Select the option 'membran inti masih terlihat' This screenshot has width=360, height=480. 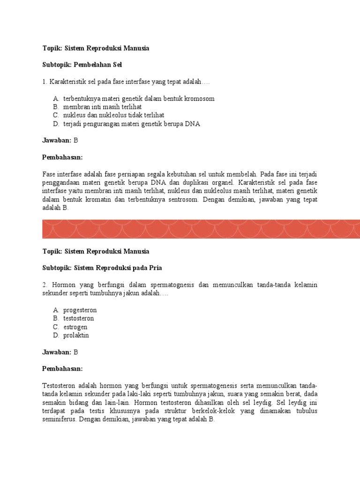click(102, 107)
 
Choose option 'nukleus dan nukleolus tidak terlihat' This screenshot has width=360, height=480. click(113, 115)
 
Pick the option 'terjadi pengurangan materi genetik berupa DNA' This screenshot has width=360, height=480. click(131, 124)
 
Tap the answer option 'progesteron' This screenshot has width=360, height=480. click(80, 310)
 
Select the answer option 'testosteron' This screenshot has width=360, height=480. click(78, 319)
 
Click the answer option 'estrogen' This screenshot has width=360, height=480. click(75, 327)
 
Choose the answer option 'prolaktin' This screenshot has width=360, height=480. click(76, 336)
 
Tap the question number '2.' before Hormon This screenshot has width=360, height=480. click(45, 285)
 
